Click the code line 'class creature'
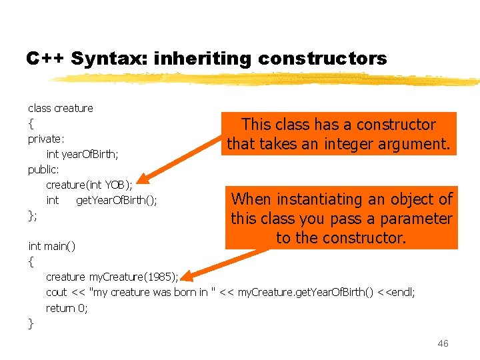pyautogui.click(x=61, y=108)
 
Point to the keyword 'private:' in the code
pyautogui.click(x=46, y=139)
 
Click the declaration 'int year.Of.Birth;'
pyautogui.click(x=83, y=154)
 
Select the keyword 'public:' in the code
pyautogui.click(x=43, y=169)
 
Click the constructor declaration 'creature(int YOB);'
pyautogui.click(x=89, y=185)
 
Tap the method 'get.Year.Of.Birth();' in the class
pyautogui.click(x=117, y=200)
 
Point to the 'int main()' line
pyautogui.click(x=52, y=246)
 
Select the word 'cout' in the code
pyautogui.click(x=57, y=292)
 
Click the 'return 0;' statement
pyautogui.click(x=67, y=307)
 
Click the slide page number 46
pyautogui.click(x=443, y=343)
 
